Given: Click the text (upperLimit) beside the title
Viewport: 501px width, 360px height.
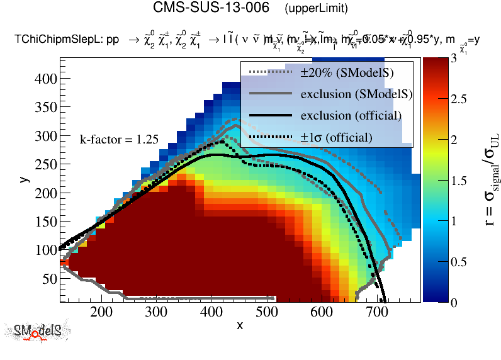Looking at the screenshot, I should (x=316, y=9).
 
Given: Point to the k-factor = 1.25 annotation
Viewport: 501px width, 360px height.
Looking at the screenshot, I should (x=119, y=140).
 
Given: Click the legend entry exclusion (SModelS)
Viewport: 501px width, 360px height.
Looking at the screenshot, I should (x=356, y=94).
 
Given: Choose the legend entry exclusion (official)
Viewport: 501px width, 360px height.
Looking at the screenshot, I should (x=351, y=116).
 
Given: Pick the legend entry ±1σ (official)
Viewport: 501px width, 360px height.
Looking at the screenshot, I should (x=336, y=137).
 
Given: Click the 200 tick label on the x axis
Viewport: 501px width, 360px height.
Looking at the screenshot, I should (x=101, y=311).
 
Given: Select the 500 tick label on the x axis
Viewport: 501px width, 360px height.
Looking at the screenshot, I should (x=267, y=311).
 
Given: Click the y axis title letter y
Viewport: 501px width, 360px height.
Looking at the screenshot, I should (x=23, y=179).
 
